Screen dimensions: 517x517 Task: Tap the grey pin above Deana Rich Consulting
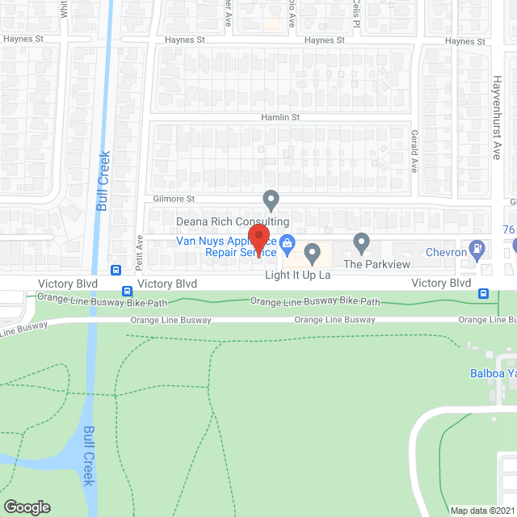[x=271, y=199]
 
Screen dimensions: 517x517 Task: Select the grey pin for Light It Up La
[x=311, y=254]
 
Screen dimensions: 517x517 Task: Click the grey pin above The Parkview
[x=362, y=242]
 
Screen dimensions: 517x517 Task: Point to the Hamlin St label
[x=280, y=117]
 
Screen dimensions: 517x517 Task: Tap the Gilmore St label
[x=174, y=199]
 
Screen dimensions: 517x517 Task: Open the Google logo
[x=26, y=507]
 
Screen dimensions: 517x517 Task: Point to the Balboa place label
[x=493, y=373]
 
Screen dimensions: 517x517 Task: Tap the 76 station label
[x=510, y=230]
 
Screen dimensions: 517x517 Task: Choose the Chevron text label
[x=447, y=252]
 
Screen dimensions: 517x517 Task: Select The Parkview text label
[x=377, y=264]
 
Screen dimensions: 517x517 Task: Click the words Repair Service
[x=242, y=252]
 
